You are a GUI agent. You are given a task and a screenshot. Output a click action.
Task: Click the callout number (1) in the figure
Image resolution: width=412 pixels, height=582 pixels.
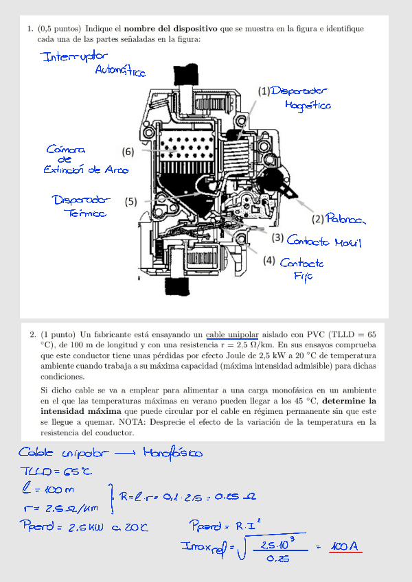click(x=264, y=91)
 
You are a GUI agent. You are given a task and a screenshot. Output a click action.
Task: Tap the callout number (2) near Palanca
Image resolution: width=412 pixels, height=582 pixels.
click(x=318, y=220)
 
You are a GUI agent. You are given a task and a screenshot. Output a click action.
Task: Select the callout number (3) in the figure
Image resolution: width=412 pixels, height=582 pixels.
click(x=277, y=238)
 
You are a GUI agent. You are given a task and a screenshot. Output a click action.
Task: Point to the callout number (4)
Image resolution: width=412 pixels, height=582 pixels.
click(x=269, y=261)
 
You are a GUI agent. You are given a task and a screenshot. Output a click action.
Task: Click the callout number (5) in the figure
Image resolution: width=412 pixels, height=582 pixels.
click(x=131, y=202)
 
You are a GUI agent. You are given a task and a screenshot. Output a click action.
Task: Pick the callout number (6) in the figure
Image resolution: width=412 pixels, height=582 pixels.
click(x=128, y=151)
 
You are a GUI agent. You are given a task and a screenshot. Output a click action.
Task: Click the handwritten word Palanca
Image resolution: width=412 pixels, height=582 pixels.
click(x=346, y=220)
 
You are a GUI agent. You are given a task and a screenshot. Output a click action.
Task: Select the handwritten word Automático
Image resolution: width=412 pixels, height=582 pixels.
click(x=120, y=71)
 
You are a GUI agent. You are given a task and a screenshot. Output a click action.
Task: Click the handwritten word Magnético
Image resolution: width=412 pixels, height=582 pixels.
click(x=307, y=106)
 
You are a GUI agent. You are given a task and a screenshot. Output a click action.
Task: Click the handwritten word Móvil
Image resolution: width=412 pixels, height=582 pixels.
click(x=347, y=242)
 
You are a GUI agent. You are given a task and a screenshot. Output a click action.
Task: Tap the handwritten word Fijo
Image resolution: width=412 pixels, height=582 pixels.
click(x=303, y=276)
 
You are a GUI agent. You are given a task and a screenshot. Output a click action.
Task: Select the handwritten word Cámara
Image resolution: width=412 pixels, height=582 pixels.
click(x=66, y=149)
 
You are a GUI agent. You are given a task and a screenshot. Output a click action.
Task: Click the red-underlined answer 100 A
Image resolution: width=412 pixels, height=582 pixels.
click(x=345, y=547)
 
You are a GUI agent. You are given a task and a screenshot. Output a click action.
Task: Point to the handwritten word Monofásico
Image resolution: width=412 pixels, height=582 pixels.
click(x=172, y=453)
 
